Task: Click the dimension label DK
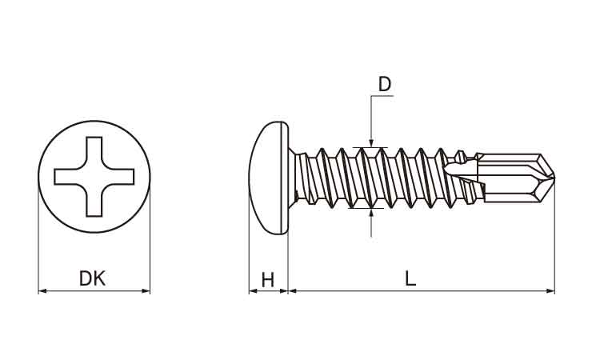point(93,278)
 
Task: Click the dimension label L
point(410,278)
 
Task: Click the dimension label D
point(385,84)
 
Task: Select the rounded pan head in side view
point(269,178)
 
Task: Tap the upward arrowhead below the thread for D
point(371,213)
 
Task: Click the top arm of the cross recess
point(94,150)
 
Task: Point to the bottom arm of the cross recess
point(94,203)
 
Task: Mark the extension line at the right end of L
point(554,240)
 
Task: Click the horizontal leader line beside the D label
point(383,97)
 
